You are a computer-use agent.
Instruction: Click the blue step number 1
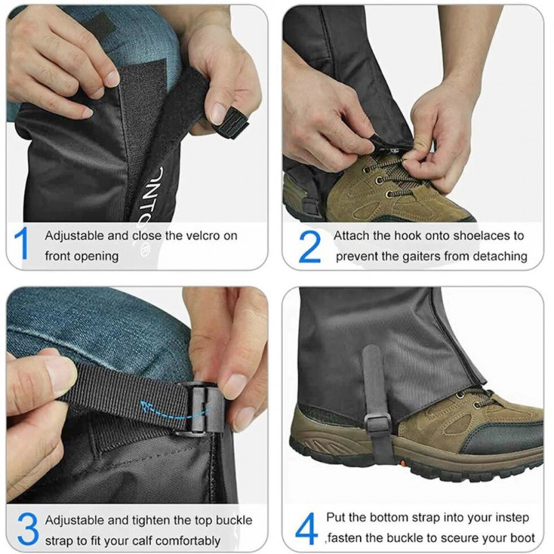[22, 244]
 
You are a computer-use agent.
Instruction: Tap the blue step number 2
[310, 247]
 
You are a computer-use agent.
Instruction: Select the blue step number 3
[27, 529]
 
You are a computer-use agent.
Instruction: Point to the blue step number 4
[306, 528]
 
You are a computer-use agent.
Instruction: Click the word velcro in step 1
[202, 235]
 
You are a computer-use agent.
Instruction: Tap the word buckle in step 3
[234, 520]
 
